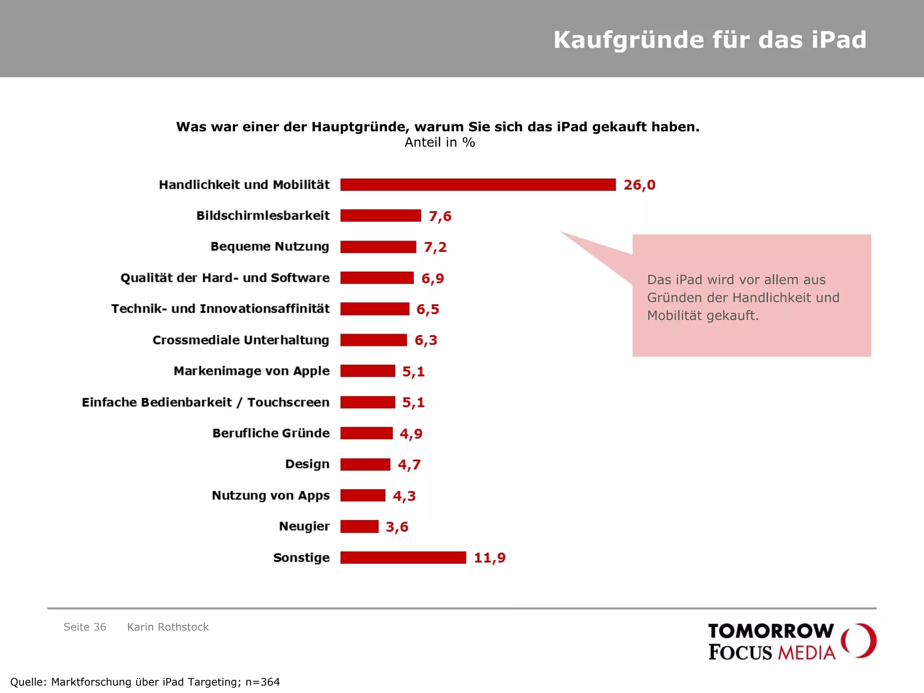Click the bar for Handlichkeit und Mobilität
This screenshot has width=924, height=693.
[477, 185]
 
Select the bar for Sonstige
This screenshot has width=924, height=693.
[403, 558]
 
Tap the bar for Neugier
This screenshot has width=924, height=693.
[359, 527]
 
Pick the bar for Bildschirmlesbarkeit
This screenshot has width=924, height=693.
[380, 216]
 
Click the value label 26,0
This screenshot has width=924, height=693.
[639, 185]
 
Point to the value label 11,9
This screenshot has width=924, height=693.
[490, 558]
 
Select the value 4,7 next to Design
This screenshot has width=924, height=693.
[409, 465]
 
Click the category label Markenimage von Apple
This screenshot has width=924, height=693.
[251, 371]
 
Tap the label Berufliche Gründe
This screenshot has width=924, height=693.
[271, 433]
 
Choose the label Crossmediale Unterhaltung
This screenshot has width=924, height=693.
[240, 340]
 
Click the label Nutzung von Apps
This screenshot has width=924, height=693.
[271, 495]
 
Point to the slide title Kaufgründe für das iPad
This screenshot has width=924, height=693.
[710, 40]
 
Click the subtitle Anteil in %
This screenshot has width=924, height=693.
[439, 143]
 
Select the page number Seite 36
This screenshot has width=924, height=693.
[85, 627]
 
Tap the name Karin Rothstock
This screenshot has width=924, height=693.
[168, 627]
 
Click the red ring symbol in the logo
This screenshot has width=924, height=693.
[859, 641]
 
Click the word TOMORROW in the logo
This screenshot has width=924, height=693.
[771, 631]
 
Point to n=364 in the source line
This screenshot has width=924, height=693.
[263, 682]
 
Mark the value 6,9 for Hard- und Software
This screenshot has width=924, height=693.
[432, 278]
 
